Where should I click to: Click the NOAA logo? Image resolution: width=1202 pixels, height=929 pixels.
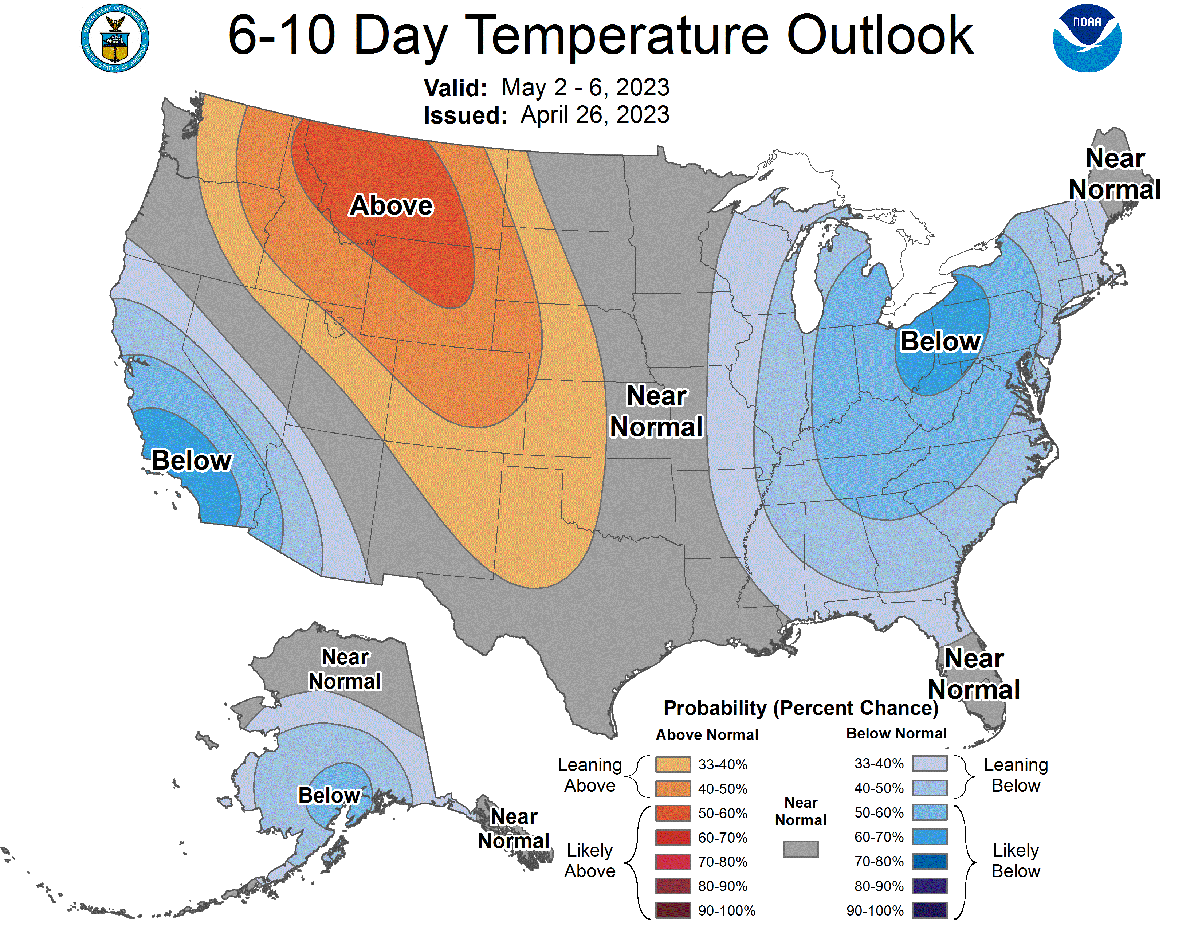(1087, 39)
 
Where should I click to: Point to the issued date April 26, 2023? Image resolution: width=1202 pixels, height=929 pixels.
(594, 115)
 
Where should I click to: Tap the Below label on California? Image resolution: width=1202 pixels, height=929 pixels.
(192, 460)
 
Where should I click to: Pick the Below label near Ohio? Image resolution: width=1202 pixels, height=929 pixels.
(940, 341)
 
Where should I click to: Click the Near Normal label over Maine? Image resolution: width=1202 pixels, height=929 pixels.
(1115, 174)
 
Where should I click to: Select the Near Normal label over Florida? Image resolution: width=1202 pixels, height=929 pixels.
(974, 674)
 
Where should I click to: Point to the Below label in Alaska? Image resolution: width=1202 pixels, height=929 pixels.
(329, 795)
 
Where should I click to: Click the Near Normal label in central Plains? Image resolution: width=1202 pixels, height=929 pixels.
(656, 411)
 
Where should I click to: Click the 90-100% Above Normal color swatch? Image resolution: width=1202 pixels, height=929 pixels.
(672, 910)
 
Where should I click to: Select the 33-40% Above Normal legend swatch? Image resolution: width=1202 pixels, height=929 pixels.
(672, 764)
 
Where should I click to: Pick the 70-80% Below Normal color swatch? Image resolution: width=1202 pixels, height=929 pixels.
(930, 861)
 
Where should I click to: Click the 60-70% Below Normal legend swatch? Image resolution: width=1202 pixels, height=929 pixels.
(930, 837)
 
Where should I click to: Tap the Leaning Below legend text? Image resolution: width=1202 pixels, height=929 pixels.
(1016, 775)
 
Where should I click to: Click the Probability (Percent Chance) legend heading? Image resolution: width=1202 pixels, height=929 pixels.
(801, 708)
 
